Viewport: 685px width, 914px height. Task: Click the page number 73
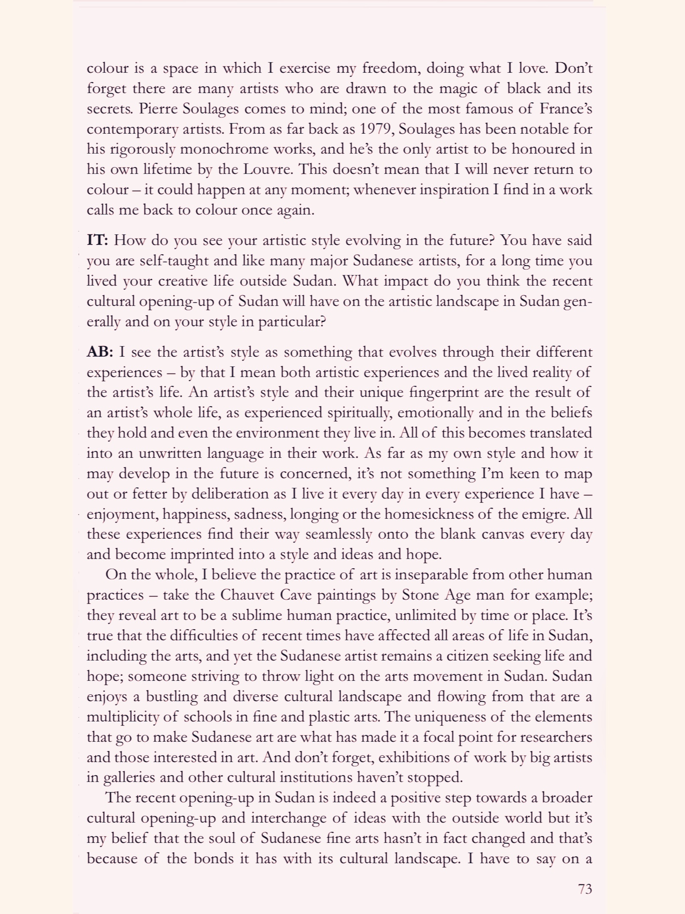585,889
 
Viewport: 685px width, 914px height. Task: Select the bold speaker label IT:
98,240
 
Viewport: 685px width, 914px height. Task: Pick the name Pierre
158,109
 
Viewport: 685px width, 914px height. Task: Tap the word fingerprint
444,392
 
